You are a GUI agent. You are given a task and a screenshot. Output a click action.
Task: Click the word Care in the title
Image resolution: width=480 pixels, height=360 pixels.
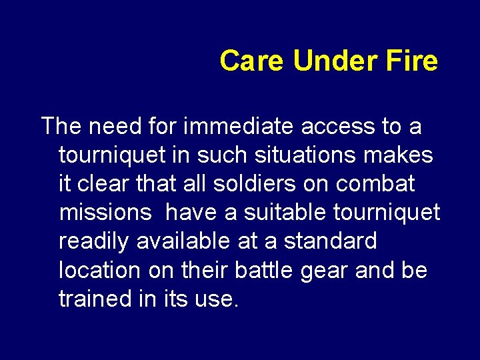(253, 61)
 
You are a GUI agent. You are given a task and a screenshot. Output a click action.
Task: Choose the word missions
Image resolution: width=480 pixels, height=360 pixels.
(105, 212)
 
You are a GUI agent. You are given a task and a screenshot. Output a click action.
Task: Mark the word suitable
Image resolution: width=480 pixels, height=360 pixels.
(282, 212)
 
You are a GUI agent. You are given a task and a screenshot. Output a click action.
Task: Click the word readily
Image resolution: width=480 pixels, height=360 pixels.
(94, 241)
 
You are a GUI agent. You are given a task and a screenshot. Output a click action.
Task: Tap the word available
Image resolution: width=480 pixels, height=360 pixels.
(182, 241)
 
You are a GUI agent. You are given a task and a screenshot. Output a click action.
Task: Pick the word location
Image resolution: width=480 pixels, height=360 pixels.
(99, 270)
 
